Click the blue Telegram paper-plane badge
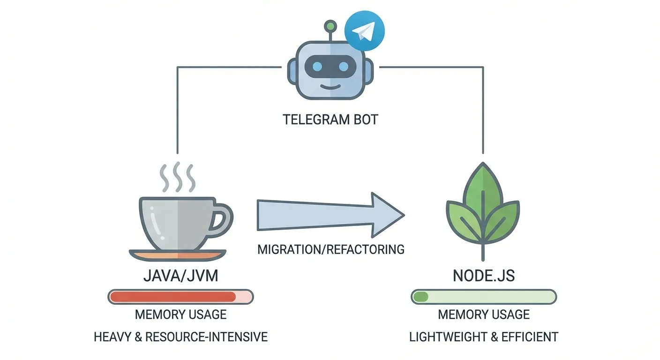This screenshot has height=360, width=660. [364, 31]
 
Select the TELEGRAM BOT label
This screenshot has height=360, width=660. [330, 119]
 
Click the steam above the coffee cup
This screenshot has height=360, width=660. [178, 178]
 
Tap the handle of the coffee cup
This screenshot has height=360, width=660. [221, 217]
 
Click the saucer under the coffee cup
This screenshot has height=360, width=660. [178, 255]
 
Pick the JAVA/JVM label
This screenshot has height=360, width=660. [180, 276]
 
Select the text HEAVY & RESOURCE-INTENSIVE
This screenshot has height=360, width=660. [180, 337]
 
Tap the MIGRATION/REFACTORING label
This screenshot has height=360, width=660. [331, 249]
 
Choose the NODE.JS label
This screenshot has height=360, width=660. [484, 276]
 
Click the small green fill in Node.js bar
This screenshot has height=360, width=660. [421, 297]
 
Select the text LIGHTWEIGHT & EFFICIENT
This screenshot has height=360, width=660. [484, 337]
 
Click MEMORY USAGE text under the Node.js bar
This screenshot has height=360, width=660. [484, 314]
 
